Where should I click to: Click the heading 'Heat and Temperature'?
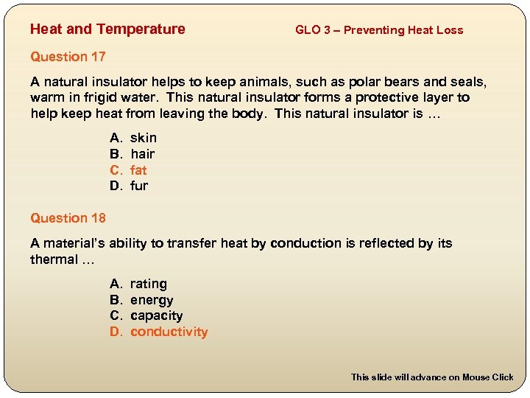107,29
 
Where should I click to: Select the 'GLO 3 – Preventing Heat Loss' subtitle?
379,30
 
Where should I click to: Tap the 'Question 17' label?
68,57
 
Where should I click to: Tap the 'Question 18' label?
68,218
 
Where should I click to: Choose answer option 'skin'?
144,138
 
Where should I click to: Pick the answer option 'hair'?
143,154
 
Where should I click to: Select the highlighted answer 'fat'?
138,170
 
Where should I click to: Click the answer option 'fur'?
139,186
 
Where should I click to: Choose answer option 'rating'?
149,284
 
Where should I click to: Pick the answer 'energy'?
152,301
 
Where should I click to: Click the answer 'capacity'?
156,316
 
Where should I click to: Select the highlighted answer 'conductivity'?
169,332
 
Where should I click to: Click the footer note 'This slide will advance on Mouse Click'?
432,377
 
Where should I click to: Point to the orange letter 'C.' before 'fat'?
116,170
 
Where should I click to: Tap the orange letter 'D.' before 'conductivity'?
116,332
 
